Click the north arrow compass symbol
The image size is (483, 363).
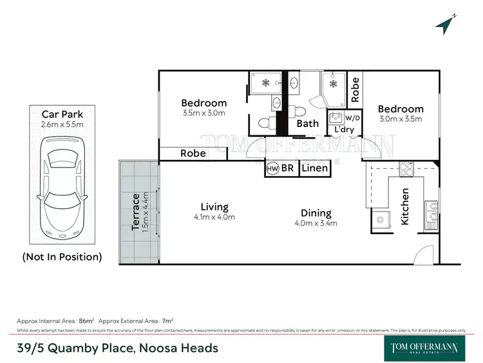pyautogui.click(x=445, y=24)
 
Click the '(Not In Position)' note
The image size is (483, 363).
pyautogui.click(x=62, y=257)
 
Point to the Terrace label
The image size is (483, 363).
pyautogui.click(x=136, y=210)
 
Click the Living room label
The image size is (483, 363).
pyautogui.click(x=214, y=207)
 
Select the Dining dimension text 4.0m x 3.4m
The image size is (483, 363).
pyautogui.click(x=316, y=224)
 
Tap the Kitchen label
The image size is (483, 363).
pyautogui.click(x=405, y=206)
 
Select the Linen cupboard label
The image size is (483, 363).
pyautogui.click(x=315, y=168)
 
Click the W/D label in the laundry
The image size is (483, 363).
pyautogui.click(x=353, y=119)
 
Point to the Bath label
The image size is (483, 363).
pyautogui.click(x=308, y=124)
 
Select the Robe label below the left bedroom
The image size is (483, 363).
pyautogui.click(x=193, y=153)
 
